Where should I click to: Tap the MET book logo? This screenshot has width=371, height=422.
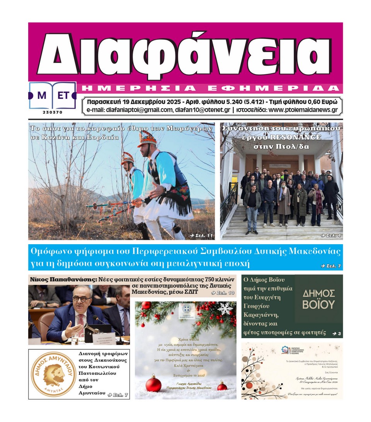53,95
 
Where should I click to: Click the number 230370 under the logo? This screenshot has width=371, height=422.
53,112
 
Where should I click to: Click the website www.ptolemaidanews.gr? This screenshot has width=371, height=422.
303,110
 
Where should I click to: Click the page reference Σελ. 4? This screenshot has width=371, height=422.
330,235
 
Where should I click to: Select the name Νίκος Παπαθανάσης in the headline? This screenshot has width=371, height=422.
62,279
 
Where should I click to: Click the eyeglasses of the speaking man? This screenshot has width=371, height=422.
82,298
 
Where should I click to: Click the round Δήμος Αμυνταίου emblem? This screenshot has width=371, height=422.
53,374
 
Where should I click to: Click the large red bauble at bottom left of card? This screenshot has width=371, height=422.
153,385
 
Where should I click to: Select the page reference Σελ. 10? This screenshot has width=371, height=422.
223,293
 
